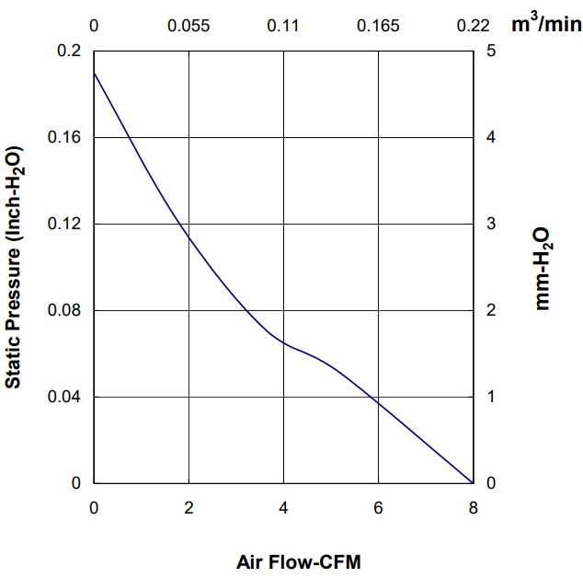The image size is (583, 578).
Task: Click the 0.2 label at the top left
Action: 69,51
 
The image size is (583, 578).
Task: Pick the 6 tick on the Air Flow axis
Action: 378,508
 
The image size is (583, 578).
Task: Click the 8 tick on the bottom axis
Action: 473,508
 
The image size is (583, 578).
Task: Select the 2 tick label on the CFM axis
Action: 189,508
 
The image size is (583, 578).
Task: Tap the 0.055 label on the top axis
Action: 189,26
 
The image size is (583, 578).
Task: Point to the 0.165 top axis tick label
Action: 378,26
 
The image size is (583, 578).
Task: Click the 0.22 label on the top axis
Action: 473,26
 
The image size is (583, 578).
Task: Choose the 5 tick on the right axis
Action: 491,51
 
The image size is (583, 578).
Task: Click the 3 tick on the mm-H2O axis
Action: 491,224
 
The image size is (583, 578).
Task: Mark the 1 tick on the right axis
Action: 491,397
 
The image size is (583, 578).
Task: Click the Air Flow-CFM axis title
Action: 299,562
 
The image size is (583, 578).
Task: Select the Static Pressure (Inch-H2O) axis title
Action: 14,267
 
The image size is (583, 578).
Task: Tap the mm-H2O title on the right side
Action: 543,269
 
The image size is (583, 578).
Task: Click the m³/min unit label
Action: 546,24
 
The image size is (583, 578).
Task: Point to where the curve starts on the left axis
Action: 94,72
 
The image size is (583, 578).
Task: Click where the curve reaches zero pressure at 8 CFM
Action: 473,483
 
